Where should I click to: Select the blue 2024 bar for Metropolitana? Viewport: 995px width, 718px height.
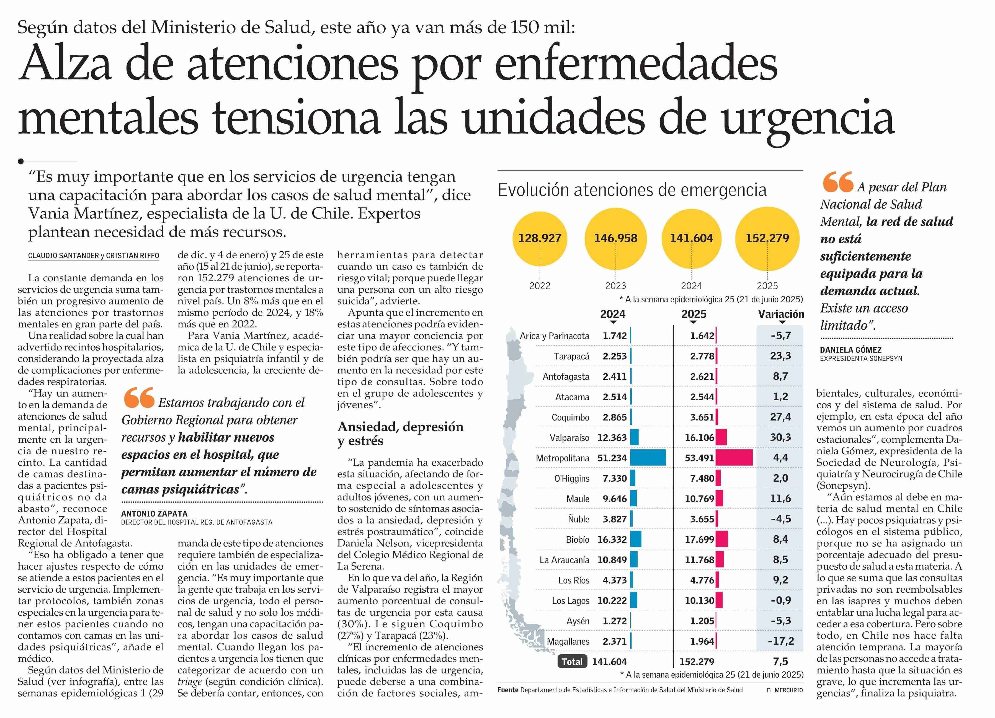tap(648, 458)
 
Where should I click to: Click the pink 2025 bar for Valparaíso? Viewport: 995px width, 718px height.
tap(721, 437)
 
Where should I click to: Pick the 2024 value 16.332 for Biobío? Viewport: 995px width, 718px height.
tap(612, 539)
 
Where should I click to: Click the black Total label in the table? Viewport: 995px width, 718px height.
tap(572, 662)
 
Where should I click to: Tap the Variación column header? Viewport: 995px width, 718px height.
tap(781, 314)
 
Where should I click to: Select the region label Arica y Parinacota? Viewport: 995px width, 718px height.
tap(555, 336)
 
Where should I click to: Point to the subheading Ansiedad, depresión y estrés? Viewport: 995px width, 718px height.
tap(400, 433)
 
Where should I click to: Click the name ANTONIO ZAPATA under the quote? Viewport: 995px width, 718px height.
tap(154, 514)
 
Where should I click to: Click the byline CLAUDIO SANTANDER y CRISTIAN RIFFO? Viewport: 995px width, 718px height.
tap(94, 256)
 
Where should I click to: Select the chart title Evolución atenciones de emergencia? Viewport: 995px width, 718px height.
tap(632, 190)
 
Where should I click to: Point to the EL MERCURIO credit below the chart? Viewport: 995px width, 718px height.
tap(785, 690)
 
